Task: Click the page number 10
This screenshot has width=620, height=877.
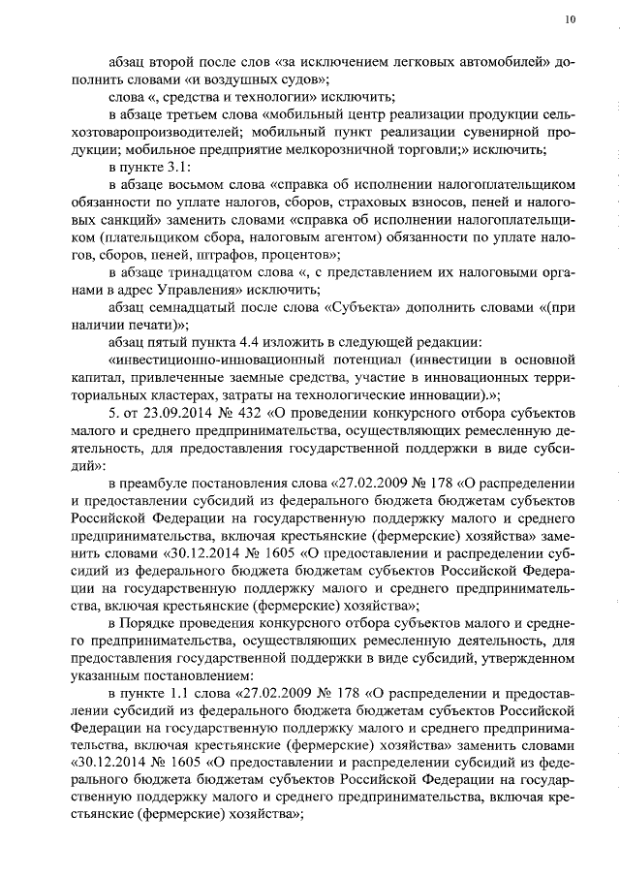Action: [x=569, y=18]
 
